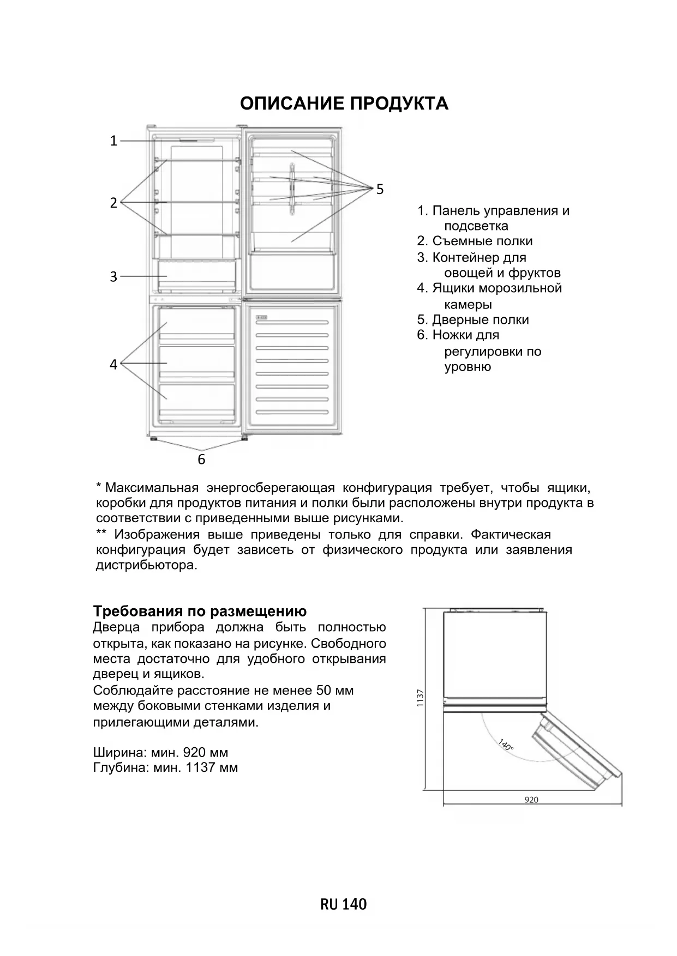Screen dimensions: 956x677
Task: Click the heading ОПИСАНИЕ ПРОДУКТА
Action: pos(344,104)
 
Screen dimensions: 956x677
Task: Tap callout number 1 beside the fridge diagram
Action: pos(113,141)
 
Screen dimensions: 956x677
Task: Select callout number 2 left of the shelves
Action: pos(113,203)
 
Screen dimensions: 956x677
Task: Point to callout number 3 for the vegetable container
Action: pos(113,277)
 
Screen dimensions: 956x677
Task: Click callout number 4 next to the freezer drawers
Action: pos(113,364)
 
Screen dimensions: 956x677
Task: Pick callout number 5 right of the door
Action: pos(380,189)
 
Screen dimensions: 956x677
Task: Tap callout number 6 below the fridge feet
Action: pos(201,459)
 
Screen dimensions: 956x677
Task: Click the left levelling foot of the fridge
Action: pos(154,438)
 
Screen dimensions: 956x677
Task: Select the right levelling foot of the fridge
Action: pos(243,438)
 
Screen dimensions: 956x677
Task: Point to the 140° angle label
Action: pos(506,745)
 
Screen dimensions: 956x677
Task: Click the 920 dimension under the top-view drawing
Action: pos(531,800)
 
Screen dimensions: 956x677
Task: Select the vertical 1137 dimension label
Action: pos(420,698)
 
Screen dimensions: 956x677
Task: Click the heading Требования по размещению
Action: pos(200,611)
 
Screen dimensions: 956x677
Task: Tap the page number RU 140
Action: pos(344,904)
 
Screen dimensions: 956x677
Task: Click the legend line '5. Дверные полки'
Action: pos(473,320)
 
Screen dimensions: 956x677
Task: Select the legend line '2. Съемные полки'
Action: pos(475,241)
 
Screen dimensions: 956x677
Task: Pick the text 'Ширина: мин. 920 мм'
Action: pos(160,753)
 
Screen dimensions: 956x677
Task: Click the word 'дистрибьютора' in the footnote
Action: pos(145,565)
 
